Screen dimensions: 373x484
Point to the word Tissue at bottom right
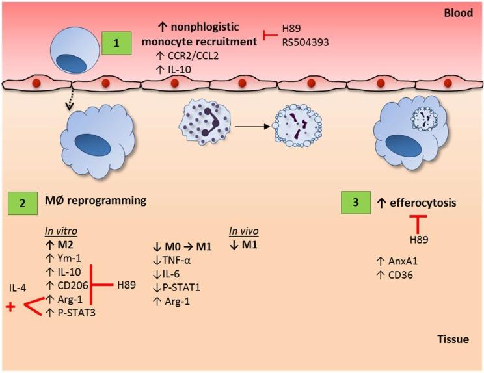pos(455,339)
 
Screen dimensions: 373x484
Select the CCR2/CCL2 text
pos(191,57)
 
